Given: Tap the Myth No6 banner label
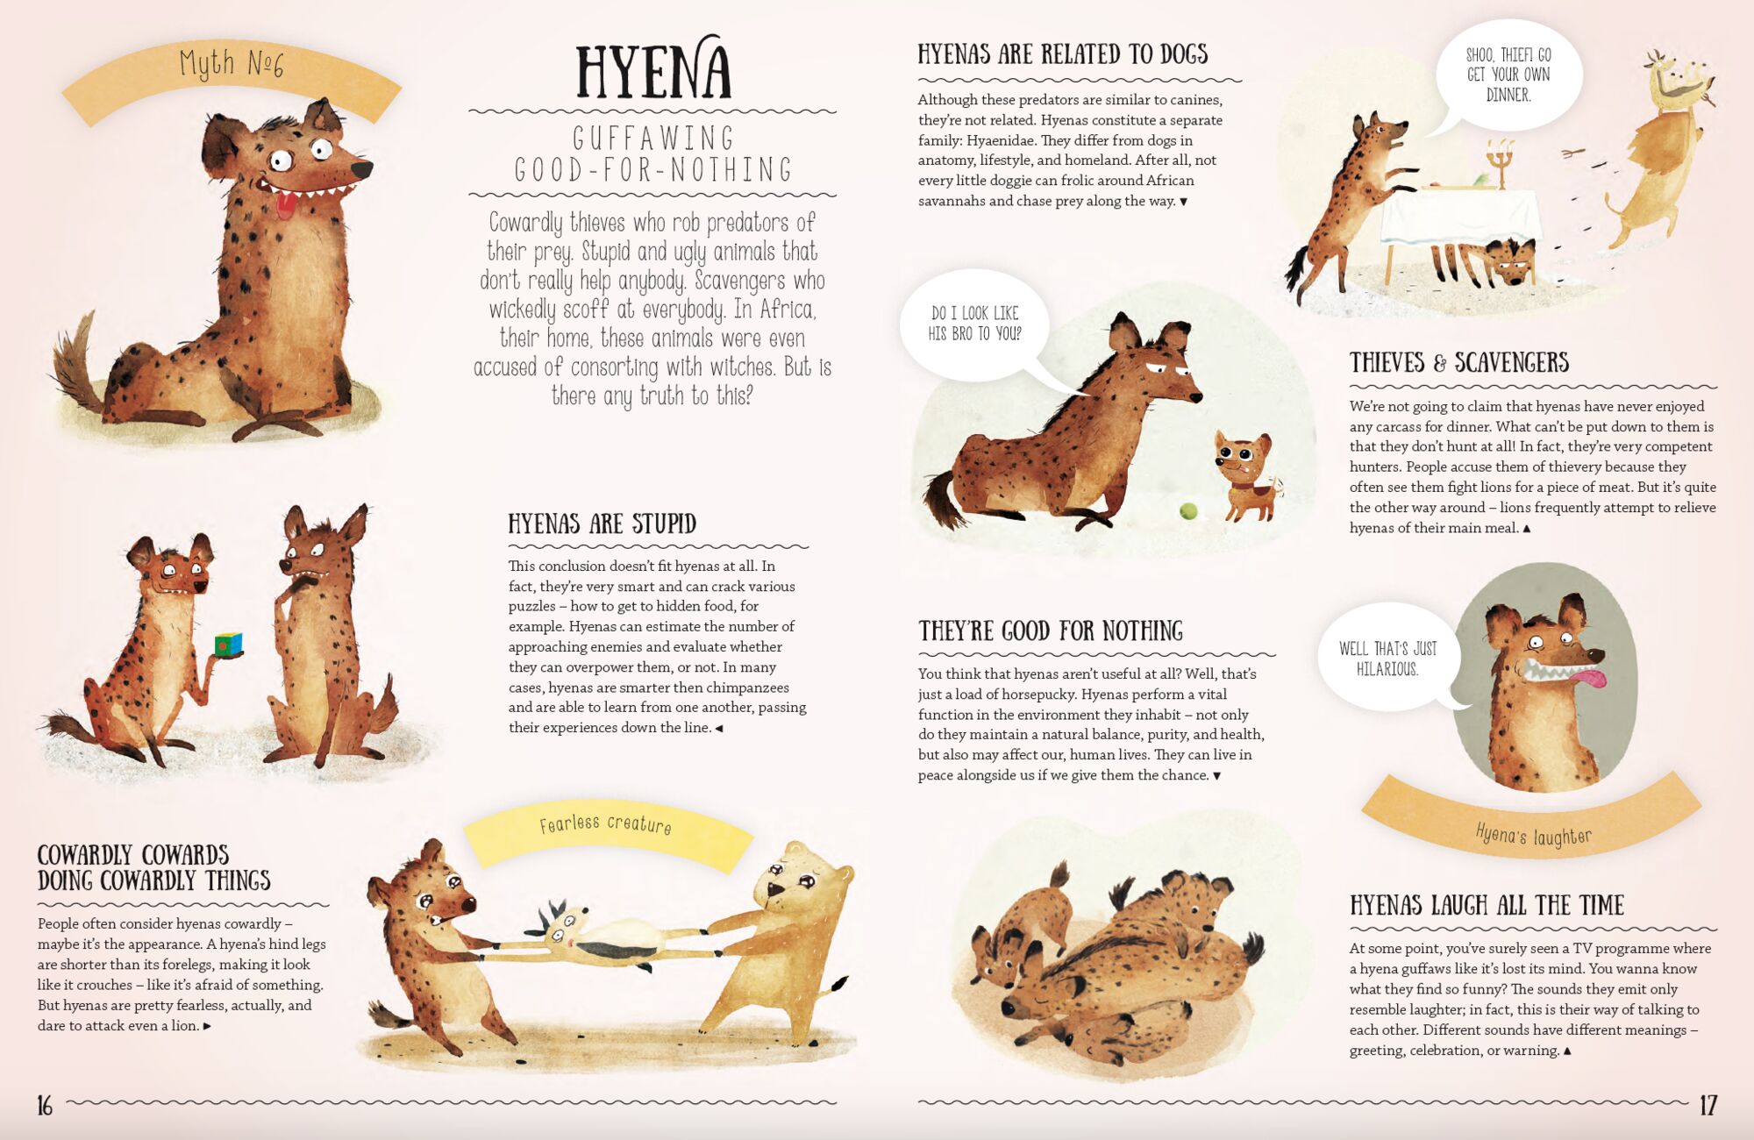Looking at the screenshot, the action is (232, 63).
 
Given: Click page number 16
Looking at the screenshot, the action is (45, 1105).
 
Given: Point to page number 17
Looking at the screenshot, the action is (1708, 1105).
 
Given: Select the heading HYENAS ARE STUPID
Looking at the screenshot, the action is (602, 524).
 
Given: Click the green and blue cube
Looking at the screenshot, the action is (229, 645).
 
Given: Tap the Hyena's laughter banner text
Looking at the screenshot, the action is (1533, 835).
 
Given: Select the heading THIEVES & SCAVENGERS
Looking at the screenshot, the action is (1459, 362).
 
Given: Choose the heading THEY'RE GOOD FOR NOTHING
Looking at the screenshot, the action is (1051, 631).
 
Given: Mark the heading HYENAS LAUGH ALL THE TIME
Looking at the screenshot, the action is (1487, 905).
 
